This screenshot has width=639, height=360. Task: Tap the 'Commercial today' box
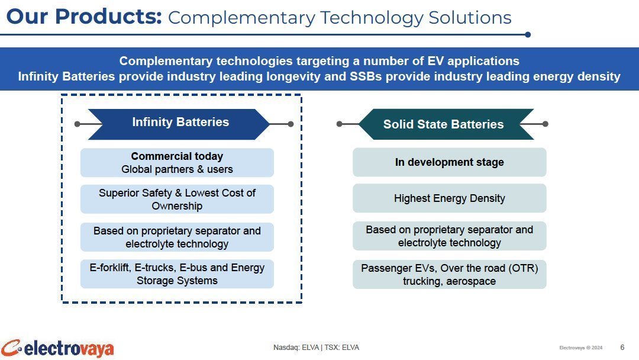coord(177,163)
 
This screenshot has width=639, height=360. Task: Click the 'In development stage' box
coord(449,162)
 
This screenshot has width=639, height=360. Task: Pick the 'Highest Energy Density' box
coord(449,198)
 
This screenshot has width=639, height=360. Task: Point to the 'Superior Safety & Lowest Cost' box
coord(177,200)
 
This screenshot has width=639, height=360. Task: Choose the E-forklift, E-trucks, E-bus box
coord(177,274)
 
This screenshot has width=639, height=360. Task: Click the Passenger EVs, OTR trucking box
coord(449,274)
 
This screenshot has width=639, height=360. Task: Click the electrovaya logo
coord(57,349)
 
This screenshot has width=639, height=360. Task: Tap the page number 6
coord(622,348)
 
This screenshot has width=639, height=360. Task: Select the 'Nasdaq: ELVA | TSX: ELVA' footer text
coord(316,348)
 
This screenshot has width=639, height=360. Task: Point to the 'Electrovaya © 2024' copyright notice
coord(581,348)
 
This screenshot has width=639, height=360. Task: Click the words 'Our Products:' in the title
coord(84,17)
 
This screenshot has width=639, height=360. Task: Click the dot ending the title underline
coord(528,35)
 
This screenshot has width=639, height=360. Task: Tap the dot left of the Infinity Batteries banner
coord(78,124)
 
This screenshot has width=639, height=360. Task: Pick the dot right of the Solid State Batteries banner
coord(546,124)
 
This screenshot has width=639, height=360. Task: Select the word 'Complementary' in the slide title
coord(241,18)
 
